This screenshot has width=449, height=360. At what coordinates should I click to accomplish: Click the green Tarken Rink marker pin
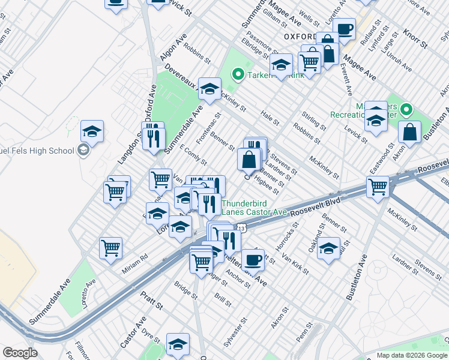coord(237,75)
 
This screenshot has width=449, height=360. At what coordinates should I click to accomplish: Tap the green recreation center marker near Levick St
coord(406,110)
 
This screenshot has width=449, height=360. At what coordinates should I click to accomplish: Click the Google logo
coord(20,353)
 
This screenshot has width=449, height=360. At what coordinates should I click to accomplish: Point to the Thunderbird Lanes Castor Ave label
coord(254,207)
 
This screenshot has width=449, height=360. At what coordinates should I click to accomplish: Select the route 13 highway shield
coord(241,228)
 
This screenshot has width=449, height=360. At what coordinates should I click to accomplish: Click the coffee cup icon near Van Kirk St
coord(253,260)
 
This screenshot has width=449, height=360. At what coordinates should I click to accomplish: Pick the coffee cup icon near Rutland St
coord(345,29)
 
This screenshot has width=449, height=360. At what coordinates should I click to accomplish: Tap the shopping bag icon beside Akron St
coord(409,133)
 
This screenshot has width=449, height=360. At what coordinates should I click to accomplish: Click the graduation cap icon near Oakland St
coord(328,250)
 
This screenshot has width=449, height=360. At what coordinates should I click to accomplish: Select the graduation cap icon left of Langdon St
coord(92,131)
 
